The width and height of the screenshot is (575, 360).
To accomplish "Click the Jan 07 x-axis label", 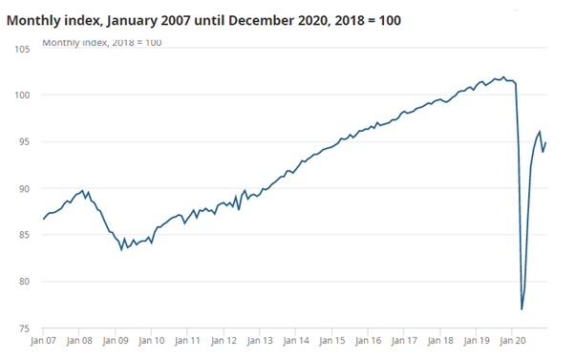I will pyautogui.click(x=44, y=339).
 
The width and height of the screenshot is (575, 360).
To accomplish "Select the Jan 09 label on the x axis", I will pyautogui.click(x=117, y=339).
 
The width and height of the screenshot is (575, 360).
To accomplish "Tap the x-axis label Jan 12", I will pyautogui.click(x=224, y=339).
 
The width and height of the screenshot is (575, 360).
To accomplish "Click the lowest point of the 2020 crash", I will pyautogui.click(x=522, y=309).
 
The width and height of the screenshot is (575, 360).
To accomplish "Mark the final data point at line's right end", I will pyautogui.click(x=546, y=142).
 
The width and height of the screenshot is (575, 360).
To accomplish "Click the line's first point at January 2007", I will pyautogui.click(x=44, y=220).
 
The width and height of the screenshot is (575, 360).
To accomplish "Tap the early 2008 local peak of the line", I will pyautogui.click(x=84, y=191).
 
